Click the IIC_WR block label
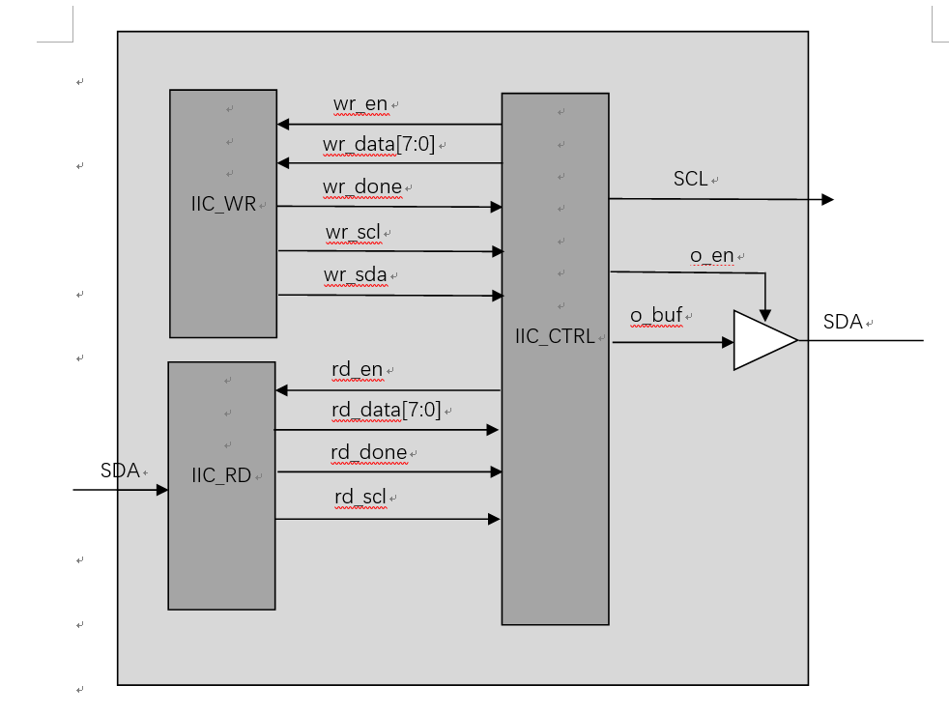pos(223,205)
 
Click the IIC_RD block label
pos(221,475)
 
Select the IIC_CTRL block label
pos(556,337)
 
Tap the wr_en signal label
pos(360,104)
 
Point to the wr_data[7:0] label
pos(379,145)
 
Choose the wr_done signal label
pos(363,186)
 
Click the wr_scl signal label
pos(353,233)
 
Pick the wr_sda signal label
pos(356,275)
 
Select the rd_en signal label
pos(357,370)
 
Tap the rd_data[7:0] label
pos(386,410)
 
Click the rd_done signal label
pos(369,452)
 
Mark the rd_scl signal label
pos(360,498)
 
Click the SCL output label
pos(691,180)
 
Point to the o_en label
pos(711,256)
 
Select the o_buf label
pos(656,315)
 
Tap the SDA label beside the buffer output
pos(843,323)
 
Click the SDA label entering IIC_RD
pos(120,471)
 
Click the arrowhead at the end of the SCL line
pos(827,200)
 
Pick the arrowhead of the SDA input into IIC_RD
pos(162,490)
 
